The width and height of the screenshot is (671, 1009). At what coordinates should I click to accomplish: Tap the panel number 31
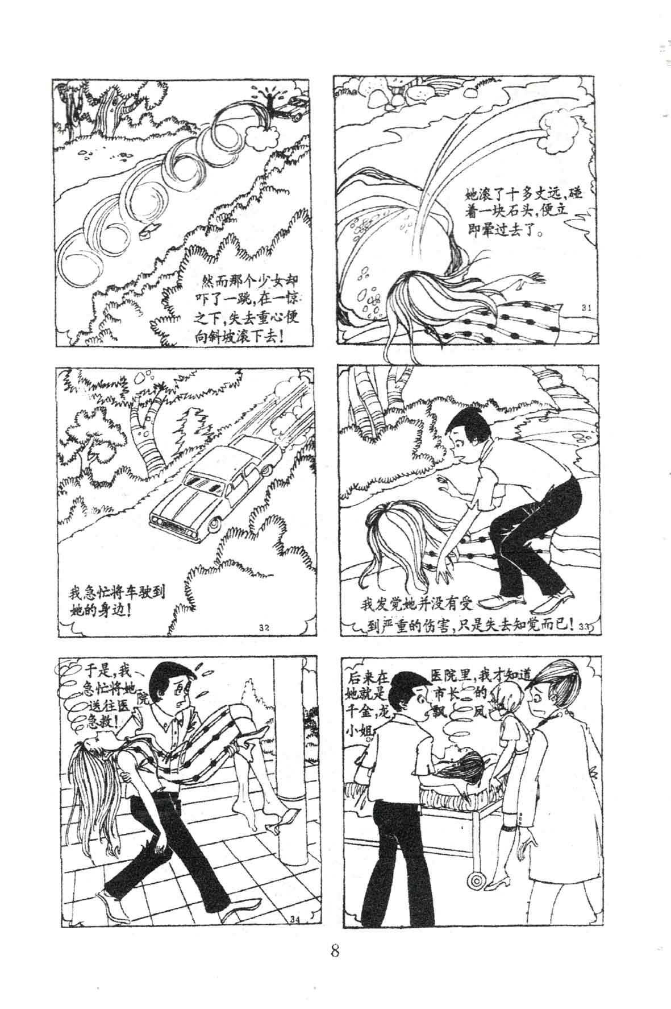pos(587,308)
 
